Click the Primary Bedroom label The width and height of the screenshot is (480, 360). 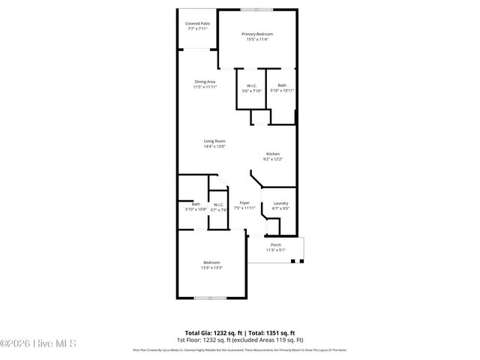pos(256,34)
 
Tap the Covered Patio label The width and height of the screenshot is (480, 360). pos(198,23)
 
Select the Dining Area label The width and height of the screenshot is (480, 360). pos(205,81)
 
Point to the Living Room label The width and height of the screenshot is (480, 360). pos(214,141)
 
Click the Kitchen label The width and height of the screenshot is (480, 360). pos(272,154)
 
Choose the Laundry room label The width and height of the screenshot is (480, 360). pos(280,203)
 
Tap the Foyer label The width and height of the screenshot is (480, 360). pos(244,203)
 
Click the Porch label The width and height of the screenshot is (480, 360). pos(276,244)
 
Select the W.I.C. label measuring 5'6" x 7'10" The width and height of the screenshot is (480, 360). pos(252,85)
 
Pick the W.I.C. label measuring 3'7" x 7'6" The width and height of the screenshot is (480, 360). pos(218,205)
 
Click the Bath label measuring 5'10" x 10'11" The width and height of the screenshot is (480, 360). pos(282,85)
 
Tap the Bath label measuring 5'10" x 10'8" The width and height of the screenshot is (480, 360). pos(196,204)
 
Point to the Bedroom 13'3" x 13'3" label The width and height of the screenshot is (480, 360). pos(211,262)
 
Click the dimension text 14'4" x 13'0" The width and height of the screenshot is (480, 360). pos(214,147)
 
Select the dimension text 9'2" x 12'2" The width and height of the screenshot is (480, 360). pos(272,159)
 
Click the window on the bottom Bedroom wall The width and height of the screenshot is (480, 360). pos(211,298)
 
